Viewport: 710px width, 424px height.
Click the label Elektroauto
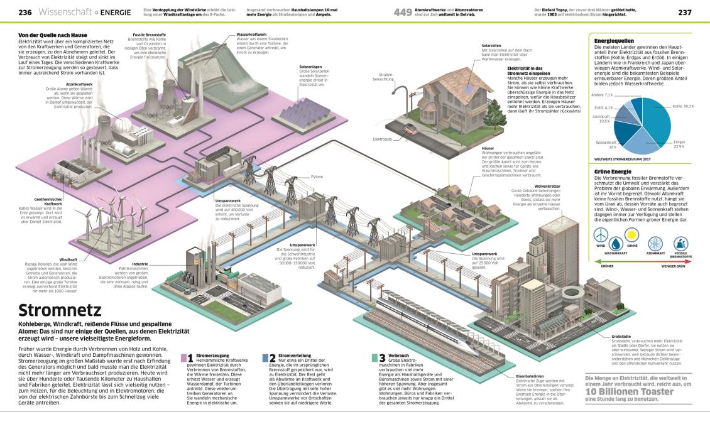pyautogui.click(x=382, y=138)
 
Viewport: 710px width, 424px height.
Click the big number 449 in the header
pyautogui.click(x=402, y=12)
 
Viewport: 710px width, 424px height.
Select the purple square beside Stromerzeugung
pyautogui.click(x=183, y=358)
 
